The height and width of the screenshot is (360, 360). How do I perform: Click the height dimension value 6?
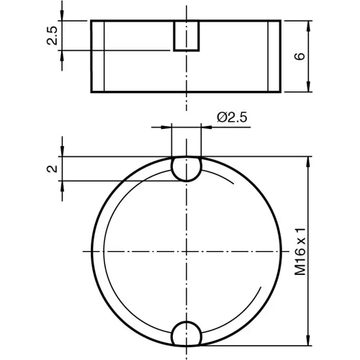pyautogui.click(x=300, y=55)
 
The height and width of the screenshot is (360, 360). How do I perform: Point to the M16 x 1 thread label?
pyautogui.click(x=300, y=250)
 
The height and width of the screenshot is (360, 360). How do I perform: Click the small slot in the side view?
pyautogui.click(x=186, y=35)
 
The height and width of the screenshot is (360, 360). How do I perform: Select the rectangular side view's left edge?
pyautogui.click(x=91, y=56)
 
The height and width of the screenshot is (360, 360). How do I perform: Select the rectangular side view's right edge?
pyautogui.click(x=281, y=56)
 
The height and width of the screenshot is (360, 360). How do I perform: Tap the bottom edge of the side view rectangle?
pyautogui.click(x=186, y=91)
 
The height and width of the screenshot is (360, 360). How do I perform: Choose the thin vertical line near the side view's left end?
pyautogui.click(x=105, y=56)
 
